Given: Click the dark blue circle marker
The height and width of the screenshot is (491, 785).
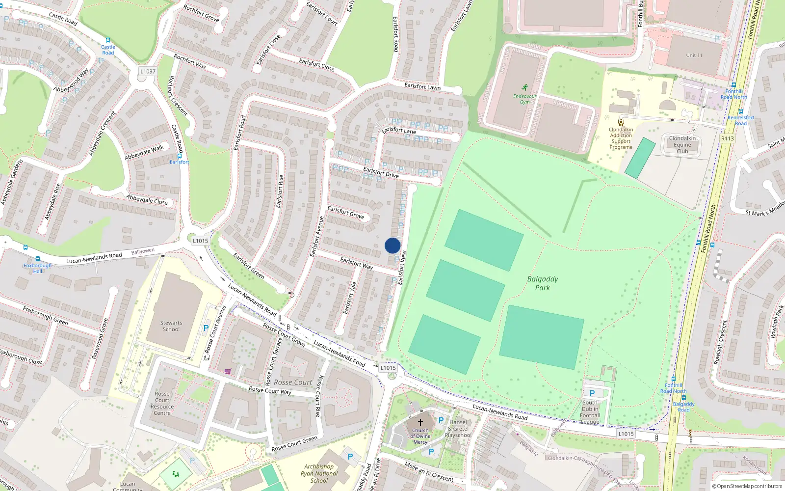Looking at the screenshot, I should point(392,245).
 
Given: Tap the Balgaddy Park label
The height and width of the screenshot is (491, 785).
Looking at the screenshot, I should point(542,283).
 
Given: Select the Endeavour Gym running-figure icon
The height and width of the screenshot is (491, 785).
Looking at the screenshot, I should point(525,87).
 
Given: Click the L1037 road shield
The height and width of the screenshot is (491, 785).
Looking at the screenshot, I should point(148,72).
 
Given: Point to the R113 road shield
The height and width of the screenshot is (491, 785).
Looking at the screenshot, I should point(727,138).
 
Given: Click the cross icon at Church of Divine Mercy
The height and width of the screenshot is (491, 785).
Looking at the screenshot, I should point(420,422).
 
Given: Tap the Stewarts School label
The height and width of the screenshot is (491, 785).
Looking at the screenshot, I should point(171,326).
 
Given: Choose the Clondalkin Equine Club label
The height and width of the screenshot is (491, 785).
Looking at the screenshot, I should point(682,145).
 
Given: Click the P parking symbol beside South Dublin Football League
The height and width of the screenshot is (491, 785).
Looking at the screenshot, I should point(592,393).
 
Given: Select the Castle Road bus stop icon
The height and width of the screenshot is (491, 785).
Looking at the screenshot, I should point(108,41).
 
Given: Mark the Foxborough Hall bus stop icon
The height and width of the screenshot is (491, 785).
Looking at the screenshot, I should point(38,259).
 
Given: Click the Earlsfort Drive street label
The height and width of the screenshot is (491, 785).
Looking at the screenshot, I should point(381,172).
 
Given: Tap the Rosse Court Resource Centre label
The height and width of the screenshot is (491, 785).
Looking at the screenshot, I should point(162,403).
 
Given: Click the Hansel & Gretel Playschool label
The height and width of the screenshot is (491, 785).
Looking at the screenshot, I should point(458,429).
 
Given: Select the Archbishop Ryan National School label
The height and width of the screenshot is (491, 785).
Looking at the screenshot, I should point(319,474).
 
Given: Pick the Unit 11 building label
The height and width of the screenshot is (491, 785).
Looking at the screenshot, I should point(694,55).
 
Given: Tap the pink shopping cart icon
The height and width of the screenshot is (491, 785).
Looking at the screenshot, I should point(228,371).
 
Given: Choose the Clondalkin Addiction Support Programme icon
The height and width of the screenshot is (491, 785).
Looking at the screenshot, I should point(621,122).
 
